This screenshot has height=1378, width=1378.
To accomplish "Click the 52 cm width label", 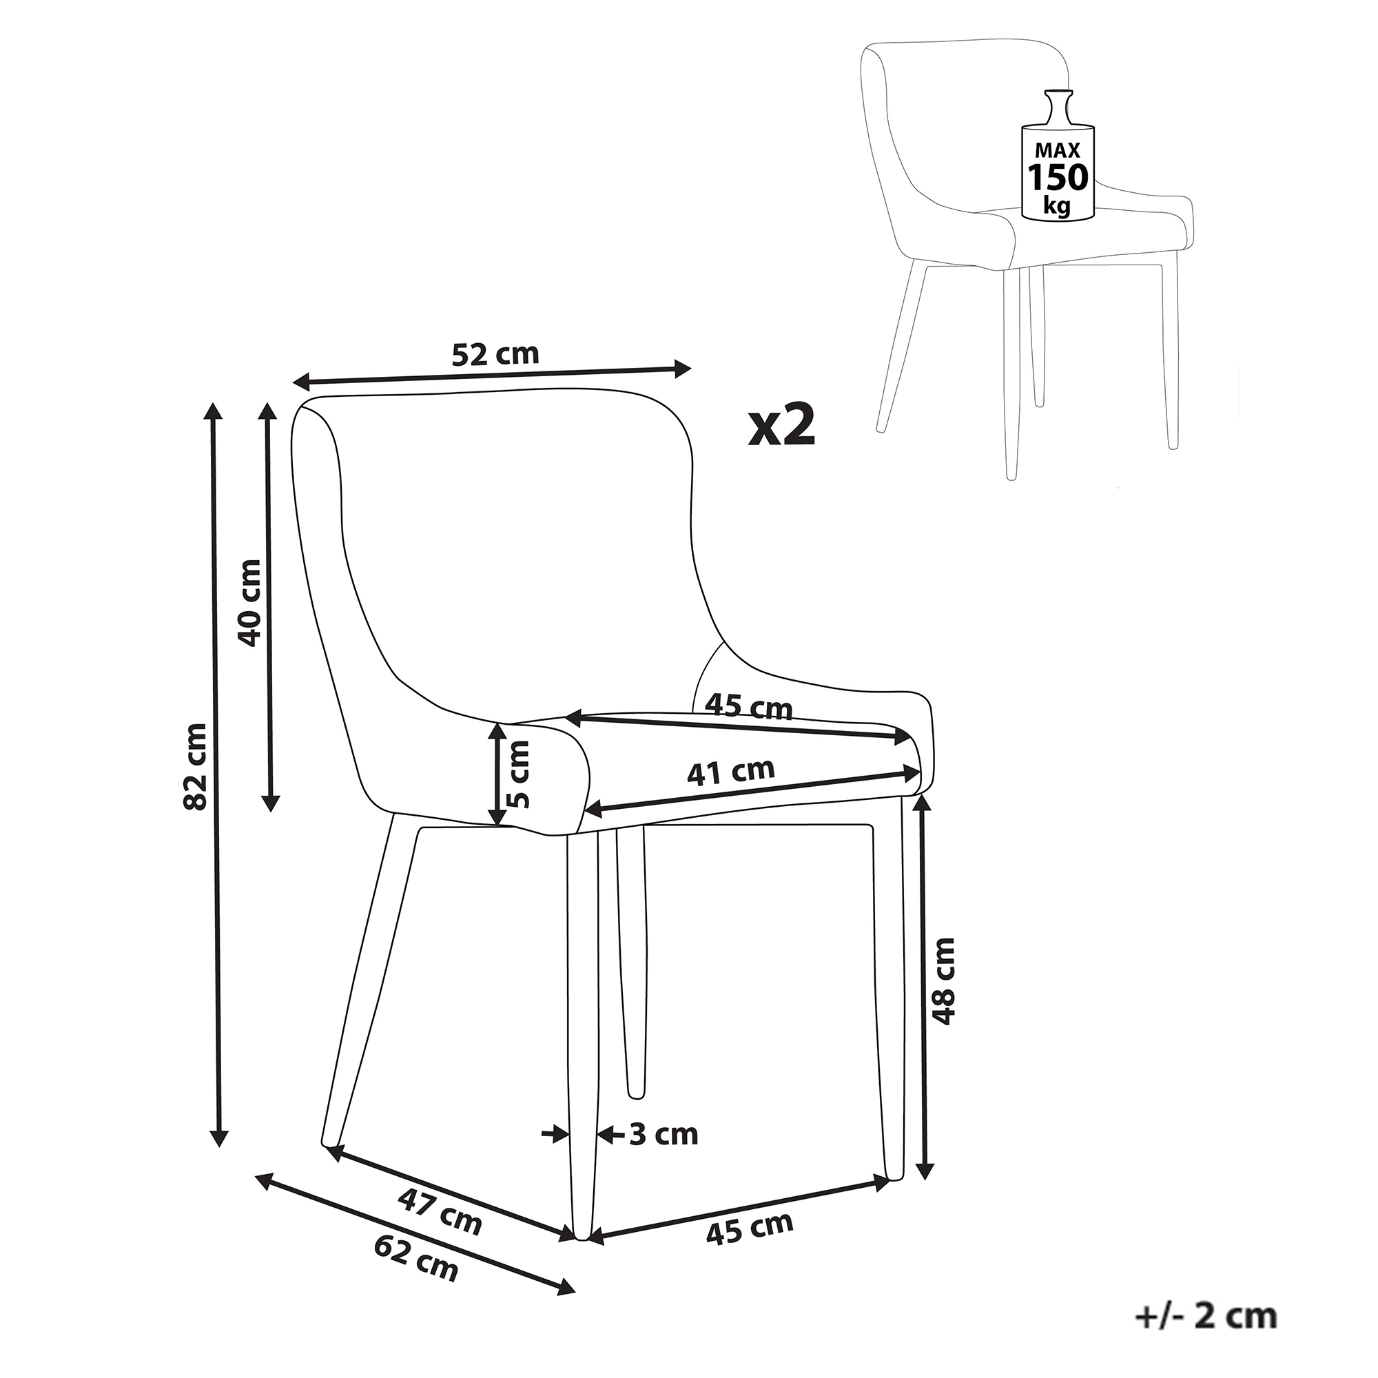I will (x=495, y=354).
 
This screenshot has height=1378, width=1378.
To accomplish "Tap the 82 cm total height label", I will (x=196, y=767).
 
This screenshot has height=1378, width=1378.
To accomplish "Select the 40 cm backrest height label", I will (x=249, y=603).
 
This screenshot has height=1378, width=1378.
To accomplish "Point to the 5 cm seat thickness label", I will (x=520, y=774).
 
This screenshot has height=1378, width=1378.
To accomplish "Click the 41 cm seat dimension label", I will (x=730, y=772).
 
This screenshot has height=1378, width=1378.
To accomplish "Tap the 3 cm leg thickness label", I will (x=664, y=1134).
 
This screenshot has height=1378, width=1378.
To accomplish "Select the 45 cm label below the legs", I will (x=750, y=1228).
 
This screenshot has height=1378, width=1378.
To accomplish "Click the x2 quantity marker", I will (x=782, y=426).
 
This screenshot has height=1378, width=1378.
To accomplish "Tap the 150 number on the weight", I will (x=1058, y=178).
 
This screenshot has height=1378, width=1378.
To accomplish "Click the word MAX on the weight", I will (x=1058, y=150).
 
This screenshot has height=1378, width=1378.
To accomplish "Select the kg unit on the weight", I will (x=1057, y=205).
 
